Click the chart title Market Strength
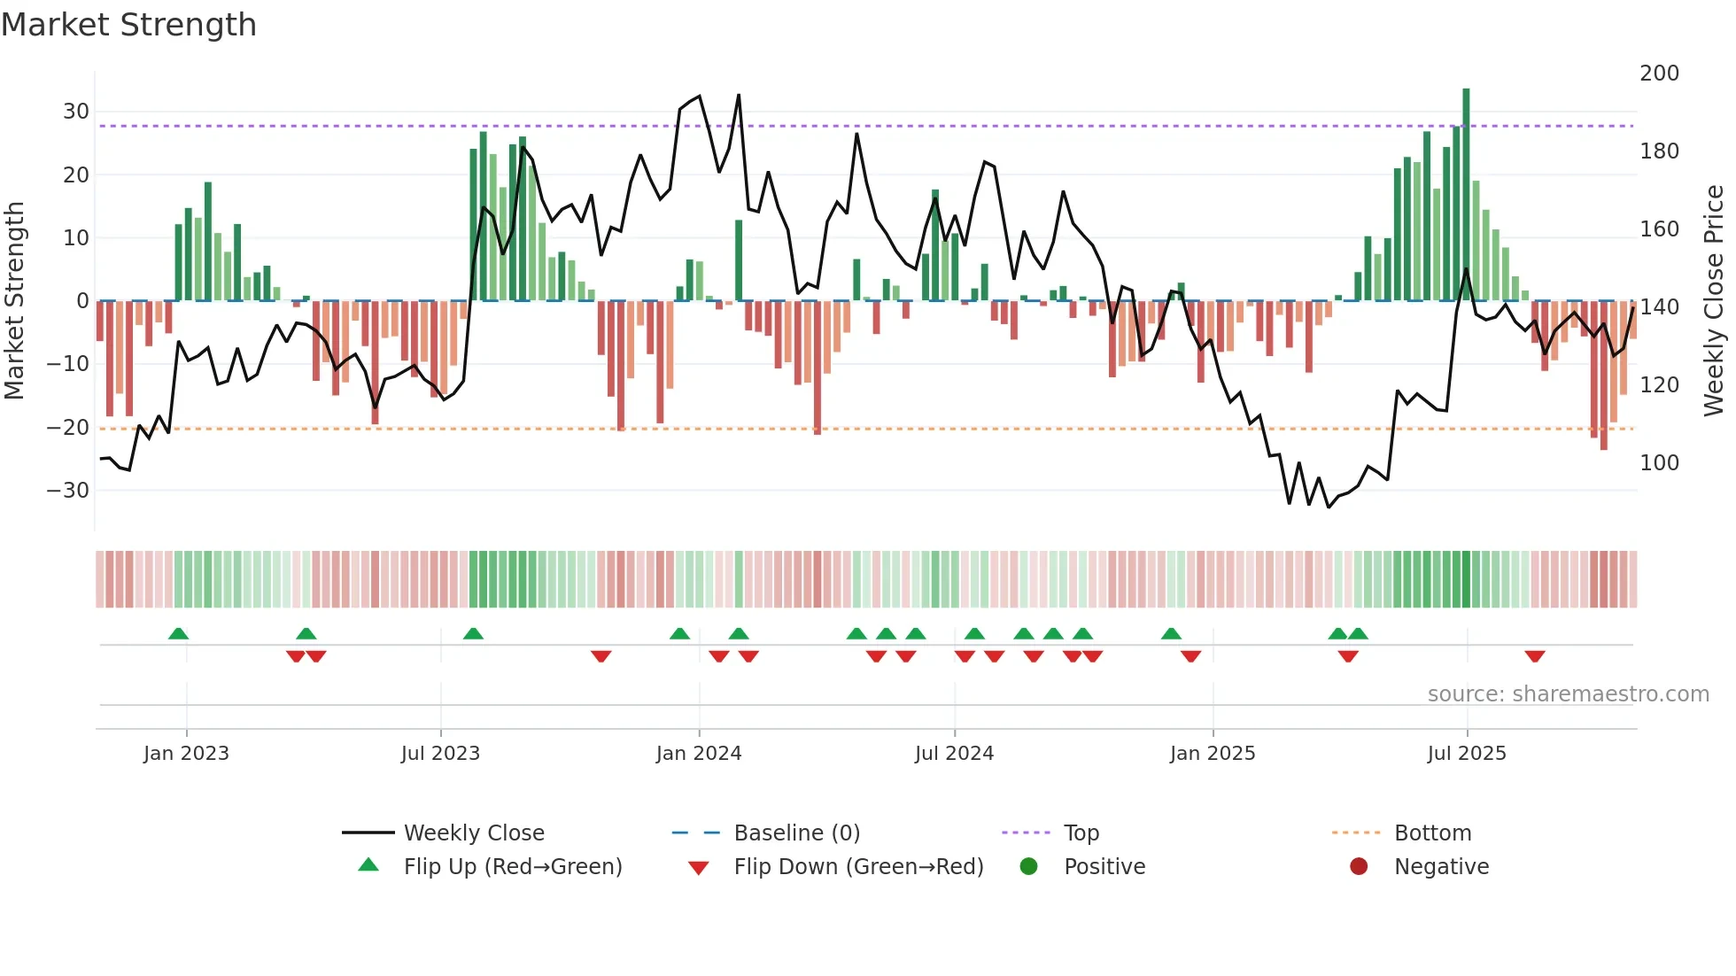tap(128, 25)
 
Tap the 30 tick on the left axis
tap(75, 112)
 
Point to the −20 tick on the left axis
tap(68, 428)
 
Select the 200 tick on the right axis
tap(1659, 74)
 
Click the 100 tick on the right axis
tap(1659, 463)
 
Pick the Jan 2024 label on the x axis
tap(698, 754)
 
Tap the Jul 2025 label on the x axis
tap(1466, 754)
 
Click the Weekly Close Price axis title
tap(1714, 301)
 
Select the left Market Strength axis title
tap(15, 301)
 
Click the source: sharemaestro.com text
tap(1568, 694)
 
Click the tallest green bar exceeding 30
tap(1466, 195)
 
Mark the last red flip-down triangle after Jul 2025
tap(1535, 656)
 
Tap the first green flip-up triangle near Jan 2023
tap(178, 633)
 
